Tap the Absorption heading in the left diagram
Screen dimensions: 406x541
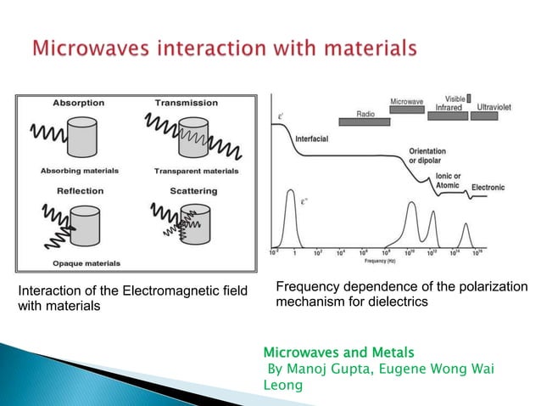click(x=79, y=103)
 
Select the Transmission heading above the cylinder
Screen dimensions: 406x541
click(x=187, y=103)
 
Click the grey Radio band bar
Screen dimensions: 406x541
click(x=365, y=114)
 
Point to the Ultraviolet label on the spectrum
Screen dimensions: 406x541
click(x=499, y=108)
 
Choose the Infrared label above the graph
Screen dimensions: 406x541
click(x=449, y=108)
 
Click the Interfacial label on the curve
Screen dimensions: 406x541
click(x=313, y=138)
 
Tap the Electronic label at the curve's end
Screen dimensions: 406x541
click(x=488, y=187)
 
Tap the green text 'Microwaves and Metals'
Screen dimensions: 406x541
click(x=326, y=351)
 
